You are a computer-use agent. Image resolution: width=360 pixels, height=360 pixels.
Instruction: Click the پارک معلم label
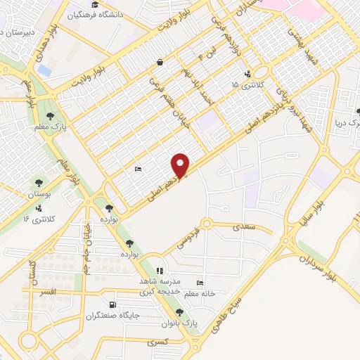49,127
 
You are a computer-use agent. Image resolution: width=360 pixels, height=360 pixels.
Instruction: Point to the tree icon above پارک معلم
49,115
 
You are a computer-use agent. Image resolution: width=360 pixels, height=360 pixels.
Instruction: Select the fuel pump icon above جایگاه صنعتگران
112,304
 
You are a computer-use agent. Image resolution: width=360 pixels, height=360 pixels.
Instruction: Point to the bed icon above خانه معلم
200,283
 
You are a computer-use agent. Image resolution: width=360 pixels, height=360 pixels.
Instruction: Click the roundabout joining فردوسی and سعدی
206,225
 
